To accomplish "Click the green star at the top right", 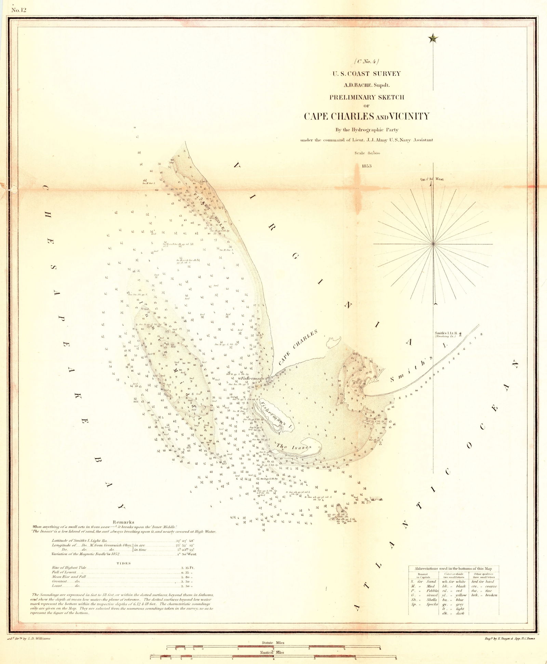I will point(433,38).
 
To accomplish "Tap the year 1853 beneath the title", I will point(367,166).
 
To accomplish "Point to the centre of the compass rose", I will point(433,244).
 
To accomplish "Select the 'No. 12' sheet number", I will point(19,10).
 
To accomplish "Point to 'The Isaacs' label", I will point(294,447).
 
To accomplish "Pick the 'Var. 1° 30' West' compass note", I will point(432,179).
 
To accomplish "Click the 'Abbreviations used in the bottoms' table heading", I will point(453,568).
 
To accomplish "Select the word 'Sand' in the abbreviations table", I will point(431,581).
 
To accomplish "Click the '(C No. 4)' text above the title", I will point(367,62).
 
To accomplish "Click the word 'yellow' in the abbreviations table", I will point(460,595).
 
